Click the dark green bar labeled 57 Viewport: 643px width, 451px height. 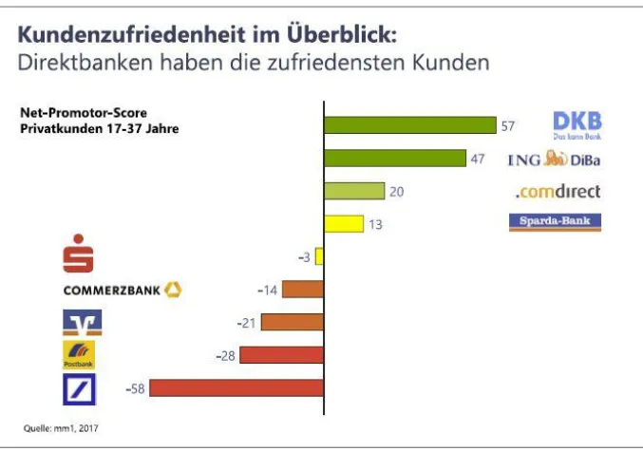[x=409, y=125]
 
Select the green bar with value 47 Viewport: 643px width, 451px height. [x=394, y=159]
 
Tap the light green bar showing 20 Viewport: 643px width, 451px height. [x=353, y=191]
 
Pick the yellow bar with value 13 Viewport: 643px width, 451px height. [x=343, y=224]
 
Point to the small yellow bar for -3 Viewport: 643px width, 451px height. [x=320, y=256]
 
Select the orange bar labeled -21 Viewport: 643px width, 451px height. [x=293, y=322]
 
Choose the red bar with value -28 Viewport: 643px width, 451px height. [x=281, y=355]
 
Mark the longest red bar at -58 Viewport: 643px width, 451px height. [x=236, y=387]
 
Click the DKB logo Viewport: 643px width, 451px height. [x=577, y=124]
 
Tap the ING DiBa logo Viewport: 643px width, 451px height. [x=554, y=160]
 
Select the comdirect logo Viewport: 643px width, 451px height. [x=558, y=192]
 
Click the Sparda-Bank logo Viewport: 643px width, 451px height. [x=556, y=223]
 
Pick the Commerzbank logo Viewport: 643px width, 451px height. [x=122, y=290]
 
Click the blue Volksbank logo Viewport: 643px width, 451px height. [x=81, y=323]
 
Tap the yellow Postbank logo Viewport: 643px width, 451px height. [x=79, y=355]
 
